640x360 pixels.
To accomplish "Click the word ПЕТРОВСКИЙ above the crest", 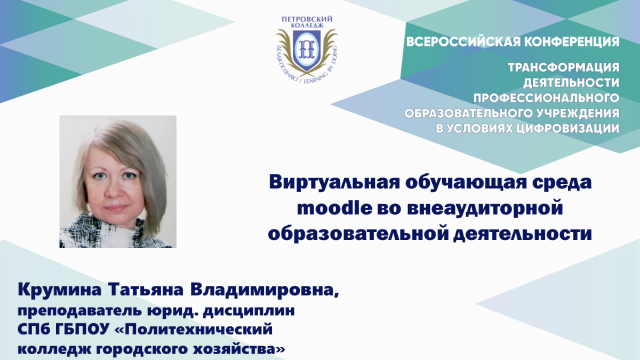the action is (x=307, y=19).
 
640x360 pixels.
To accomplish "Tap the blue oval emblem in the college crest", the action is (x=307, y=49).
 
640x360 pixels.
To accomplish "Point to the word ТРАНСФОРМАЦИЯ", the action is (x=563, y=67).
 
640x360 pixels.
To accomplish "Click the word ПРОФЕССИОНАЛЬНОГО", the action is (x=546, y=98).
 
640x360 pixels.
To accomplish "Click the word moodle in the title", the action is (x=334, y=209).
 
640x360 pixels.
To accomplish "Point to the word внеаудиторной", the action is (x=485, y=209).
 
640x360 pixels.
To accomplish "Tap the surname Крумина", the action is (x=59, y=290).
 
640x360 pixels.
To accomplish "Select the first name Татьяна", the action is (x=146, y=290).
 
